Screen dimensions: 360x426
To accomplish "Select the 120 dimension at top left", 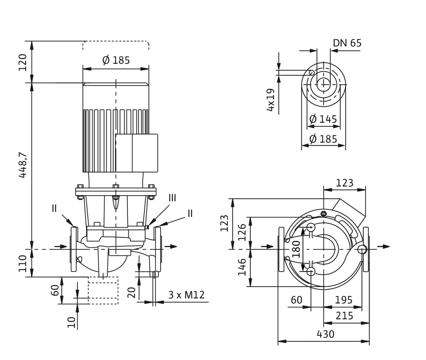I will pos(22,62).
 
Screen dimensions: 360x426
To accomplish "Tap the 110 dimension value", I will pos(22,263).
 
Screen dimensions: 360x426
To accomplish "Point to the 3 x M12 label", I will pos(186,295).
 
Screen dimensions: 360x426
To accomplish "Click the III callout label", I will pos(172,198).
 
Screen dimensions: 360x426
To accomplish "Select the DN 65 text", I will pos(347,43).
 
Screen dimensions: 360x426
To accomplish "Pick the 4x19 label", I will pos(271,100).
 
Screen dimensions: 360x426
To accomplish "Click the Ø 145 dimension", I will pos(323,119).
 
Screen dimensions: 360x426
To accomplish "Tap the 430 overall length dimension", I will pos(325,334).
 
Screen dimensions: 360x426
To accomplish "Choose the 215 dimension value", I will pos(344,316).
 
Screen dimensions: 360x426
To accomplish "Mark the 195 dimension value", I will pos(344,300).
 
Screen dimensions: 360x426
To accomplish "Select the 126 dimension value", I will pos(242,232).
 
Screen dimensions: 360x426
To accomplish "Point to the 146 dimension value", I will pos(242,267).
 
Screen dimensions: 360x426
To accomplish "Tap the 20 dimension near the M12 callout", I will pos(131,292).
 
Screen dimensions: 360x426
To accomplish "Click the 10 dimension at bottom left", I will pos(72,322).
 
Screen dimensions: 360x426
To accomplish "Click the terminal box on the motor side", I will pos(137,153).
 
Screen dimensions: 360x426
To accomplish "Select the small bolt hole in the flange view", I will pos(311,72).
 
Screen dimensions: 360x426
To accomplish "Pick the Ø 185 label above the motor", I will pos(116,60).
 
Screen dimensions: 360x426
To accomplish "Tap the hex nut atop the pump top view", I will pos(323,214).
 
